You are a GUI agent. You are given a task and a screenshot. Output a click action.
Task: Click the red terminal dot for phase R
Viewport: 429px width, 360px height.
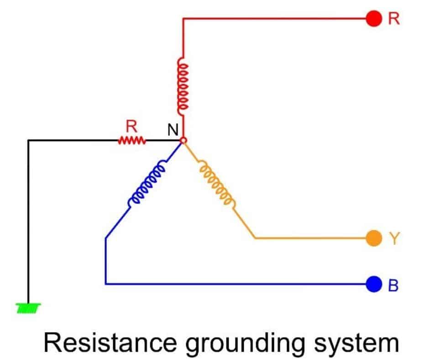pos(374,19)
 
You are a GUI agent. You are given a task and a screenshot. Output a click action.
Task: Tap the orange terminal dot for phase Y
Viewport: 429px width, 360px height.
pos(374,238)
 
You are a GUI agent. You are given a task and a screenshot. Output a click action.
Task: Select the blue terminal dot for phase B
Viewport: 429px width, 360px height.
pos(374,284)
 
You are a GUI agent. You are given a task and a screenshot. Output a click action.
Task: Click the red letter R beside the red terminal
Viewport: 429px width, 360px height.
pos(394,19)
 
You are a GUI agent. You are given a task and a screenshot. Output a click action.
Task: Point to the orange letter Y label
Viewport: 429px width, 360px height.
pos(394,238)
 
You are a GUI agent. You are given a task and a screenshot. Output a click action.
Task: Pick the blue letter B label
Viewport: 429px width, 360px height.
pos(393,285)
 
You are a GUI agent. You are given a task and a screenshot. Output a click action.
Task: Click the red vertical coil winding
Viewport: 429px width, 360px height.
pos(183,87)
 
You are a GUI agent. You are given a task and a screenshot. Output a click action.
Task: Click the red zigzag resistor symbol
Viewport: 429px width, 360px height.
pos(132,141)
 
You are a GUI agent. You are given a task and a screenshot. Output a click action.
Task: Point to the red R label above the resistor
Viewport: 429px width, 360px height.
pos(131,127)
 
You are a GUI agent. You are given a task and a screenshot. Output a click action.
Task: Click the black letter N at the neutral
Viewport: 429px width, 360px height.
pos(173,130)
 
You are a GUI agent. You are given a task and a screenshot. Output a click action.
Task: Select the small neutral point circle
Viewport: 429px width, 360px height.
pos(183,141)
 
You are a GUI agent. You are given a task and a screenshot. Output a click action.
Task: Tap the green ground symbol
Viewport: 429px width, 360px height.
pos(28,308)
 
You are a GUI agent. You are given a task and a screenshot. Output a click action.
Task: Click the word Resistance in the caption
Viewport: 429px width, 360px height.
pos(110,343)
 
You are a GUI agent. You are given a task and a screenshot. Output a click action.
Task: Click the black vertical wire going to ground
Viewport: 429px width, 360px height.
pos(28,222)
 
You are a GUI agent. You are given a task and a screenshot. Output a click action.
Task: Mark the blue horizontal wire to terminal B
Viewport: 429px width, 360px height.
pos(236,284)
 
